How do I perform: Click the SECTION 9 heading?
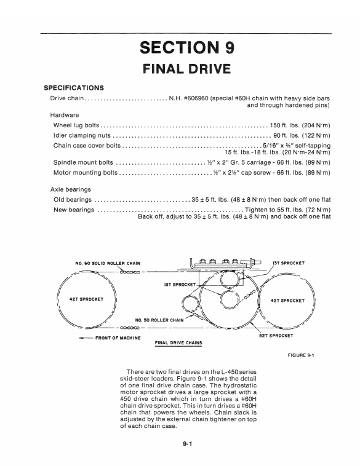point(187,47)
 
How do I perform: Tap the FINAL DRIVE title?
point(187,69)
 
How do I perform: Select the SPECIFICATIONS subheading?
point(74,88)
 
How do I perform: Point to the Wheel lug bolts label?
point(76,125)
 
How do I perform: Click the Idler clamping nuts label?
point(82,135)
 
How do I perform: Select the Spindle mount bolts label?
point(83,162)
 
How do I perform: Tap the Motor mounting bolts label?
point(86,173)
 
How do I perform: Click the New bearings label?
point(74,210)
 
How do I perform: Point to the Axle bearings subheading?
point(71,189)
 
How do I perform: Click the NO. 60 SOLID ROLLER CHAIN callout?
point(108,263)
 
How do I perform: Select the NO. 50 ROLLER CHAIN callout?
point(159,320)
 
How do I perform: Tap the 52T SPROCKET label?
point(276,336)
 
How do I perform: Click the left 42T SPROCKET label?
point(86,299)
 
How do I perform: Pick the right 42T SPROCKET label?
point(288,301)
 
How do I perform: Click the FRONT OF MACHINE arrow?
point(86,338)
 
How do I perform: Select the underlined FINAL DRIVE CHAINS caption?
point(178,343)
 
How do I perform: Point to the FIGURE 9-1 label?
point(301,355)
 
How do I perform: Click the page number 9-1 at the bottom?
point(188,444)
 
